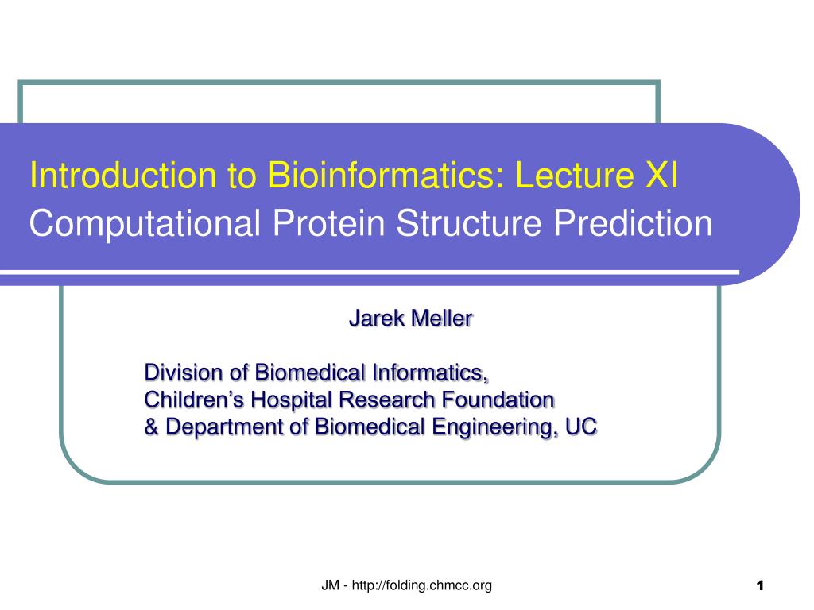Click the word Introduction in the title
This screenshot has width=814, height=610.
[x=122, y=175]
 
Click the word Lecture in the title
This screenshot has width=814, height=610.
[x=574, y=175]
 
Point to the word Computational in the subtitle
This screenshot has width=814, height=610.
[x=145, y=223]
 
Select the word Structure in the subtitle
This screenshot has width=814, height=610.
[x=468, y=223]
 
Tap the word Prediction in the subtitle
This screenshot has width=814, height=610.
[x=633, y=223]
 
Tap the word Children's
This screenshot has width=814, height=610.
[x=194, y=400]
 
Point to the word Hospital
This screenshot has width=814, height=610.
[x=291, y=400]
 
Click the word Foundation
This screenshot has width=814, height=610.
[x=498, y=400]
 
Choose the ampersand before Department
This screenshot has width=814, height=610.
[x=152, y=427]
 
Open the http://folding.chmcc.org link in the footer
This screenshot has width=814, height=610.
[x=421, y=585]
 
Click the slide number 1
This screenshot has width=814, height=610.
[x=760, y=586]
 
